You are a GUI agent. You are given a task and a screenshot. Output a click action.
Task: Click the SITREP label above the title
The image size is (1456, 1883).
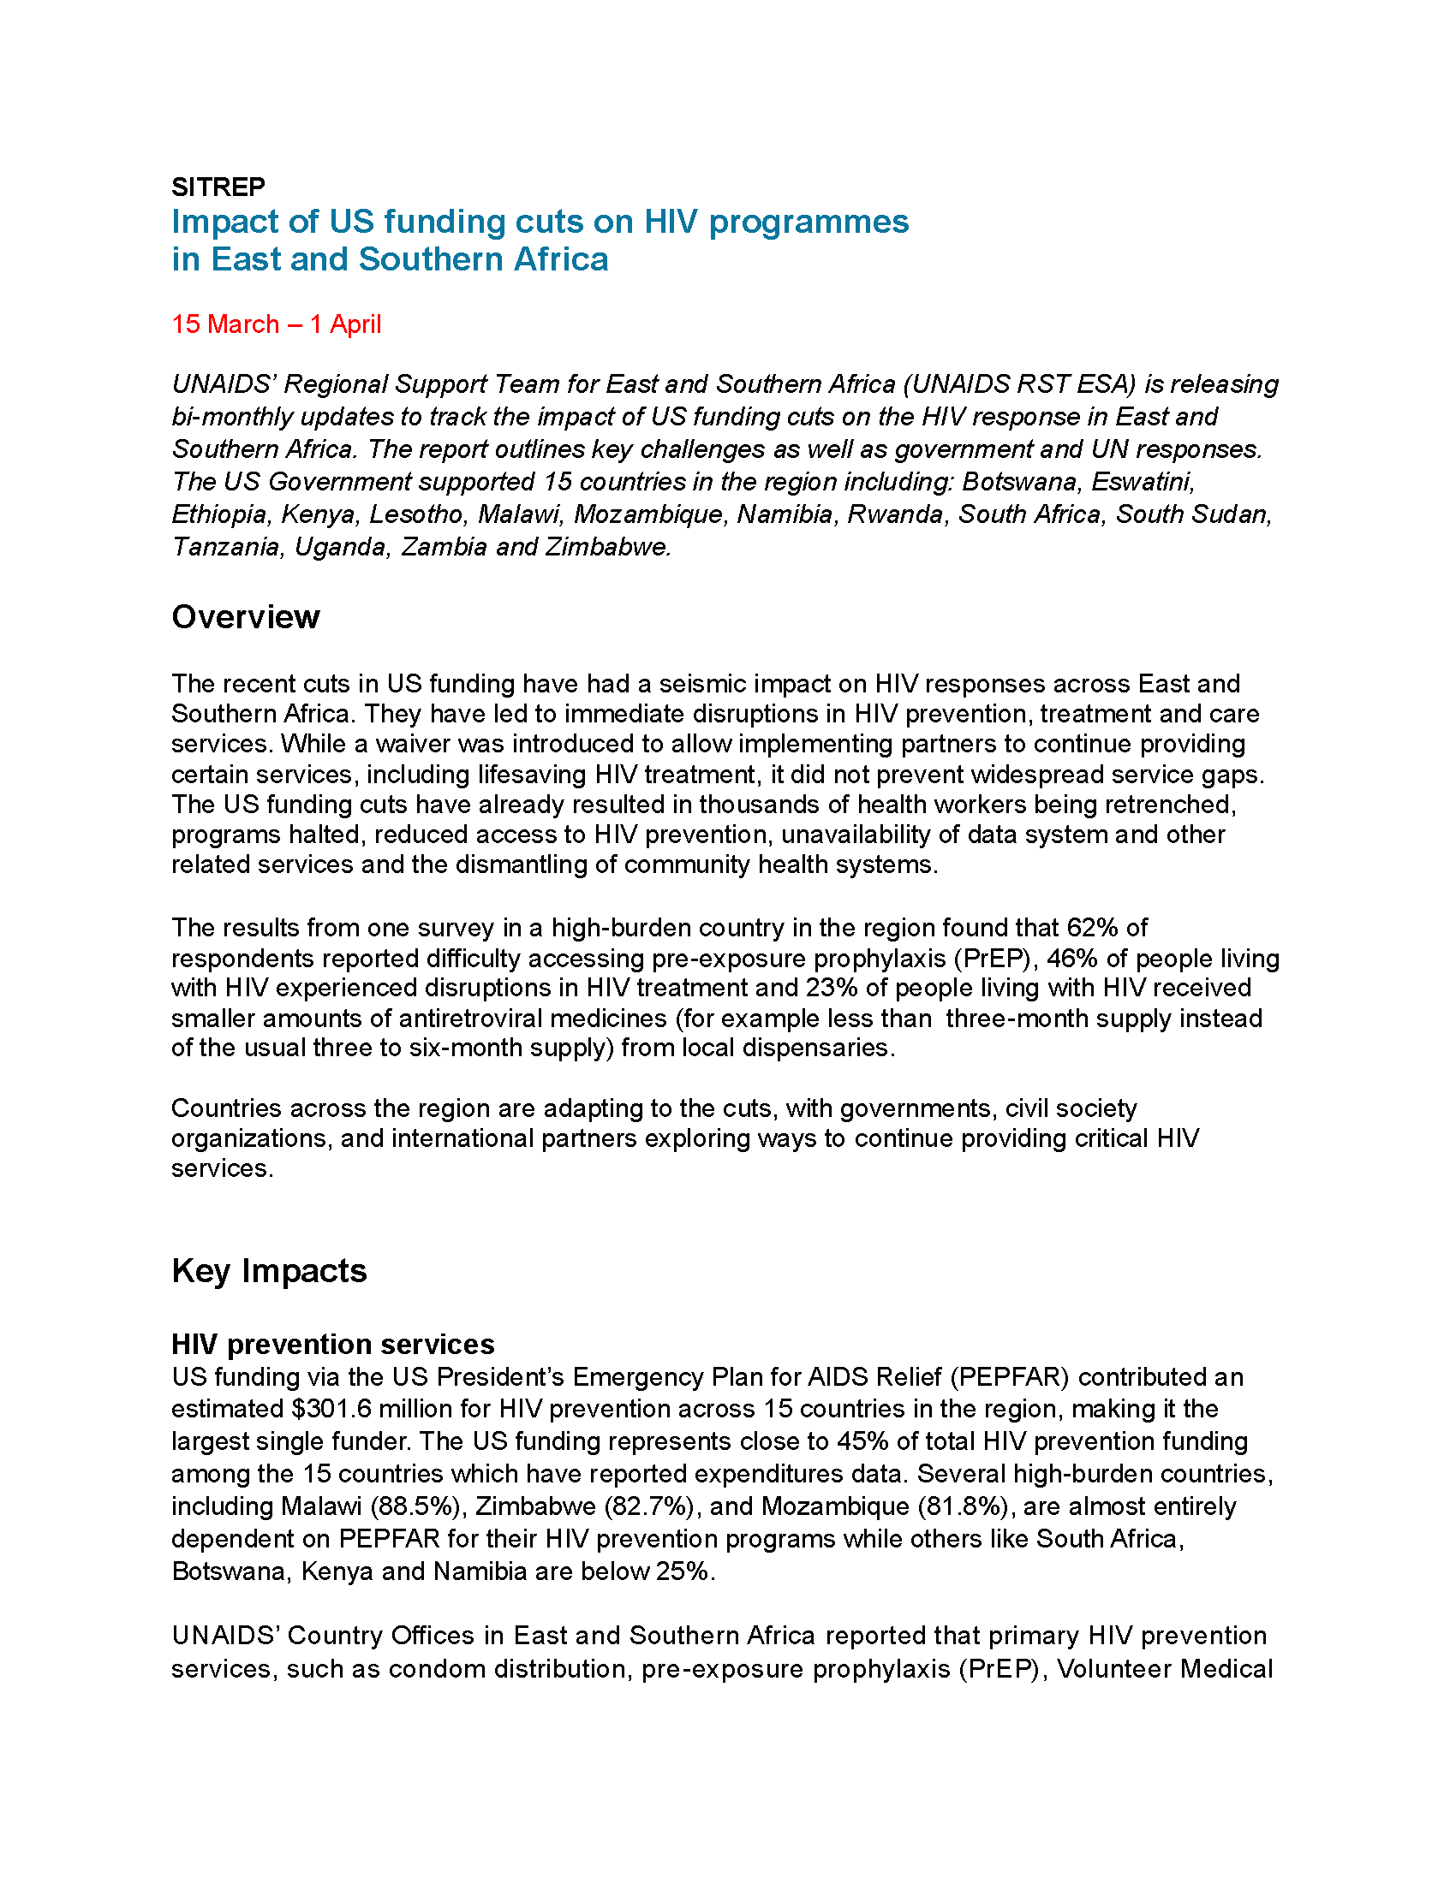pos(218,187)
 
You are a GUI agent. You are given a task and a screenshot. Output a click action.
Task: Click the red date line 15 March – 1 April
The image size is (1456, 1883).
pos(276,324)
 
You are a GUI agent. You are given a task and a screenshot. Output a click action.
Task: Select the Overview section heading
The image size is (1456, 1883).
pos(245,617)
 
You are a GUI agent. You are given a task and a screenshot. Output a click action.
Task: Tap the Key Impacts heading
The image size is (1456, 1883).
pos(269,1271)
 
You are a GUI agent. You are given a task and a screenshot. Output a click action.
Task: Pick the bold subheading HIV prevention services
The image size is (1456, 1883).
pos(333,1344)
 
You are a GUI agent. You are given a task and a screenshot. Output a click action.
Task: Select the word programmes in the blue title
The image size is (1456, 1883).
pos(809,222)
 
